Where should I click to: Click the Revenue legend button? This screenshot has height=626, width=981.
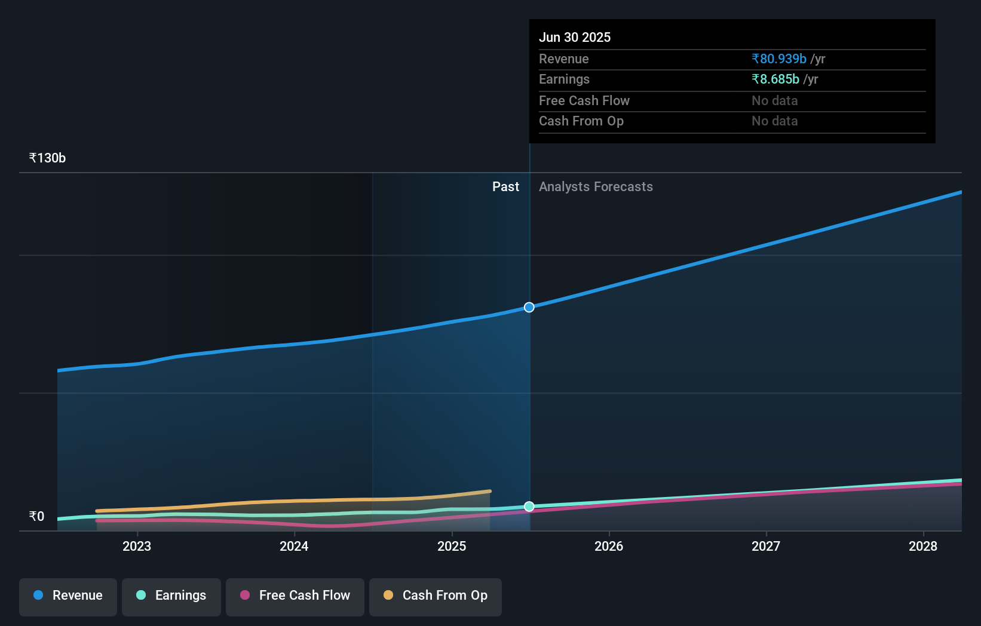68,596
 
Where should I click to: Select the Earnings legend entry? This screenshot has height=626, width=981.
171,596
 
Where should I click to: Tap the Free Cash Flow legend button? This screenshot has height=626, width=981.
295,596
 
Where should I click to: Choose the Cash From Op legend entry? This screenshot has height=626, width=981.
436,596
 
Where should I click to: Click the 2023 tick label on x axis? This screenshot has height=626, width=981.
137,546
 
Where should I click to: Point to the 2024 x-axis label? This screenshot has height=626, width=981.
294,546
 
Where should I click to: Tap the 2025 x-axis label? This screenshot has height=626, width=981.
452,546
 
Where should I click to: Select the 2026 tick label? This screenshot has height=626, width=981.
609,546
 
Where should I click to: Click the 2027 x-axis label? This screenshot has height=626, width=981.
766,546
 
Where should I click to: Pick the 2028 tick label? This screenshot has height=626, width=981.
923,546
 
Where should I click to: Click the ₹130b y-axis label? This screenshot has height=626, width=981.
47,158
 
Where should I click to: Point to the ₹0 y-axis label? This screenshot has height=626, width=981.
37,516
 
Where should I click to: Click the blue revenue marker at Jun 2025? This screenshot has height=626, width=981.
529,308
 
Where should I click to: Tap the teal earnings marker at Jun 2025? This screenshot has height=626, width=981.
529,507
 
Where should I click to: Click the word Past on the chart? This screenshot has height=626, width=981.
505,187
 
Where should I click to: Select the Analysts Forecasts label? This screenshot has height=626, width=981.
596,187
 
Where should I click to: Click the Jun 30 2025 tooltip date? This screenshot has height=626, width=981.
575,38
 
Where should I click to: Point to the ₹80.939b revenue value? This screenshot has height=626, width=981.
779,59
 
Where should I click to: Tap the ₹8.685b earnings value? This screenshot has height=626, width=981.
775,79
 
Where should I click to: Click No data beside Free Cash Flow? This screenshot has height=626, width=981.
774,101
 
